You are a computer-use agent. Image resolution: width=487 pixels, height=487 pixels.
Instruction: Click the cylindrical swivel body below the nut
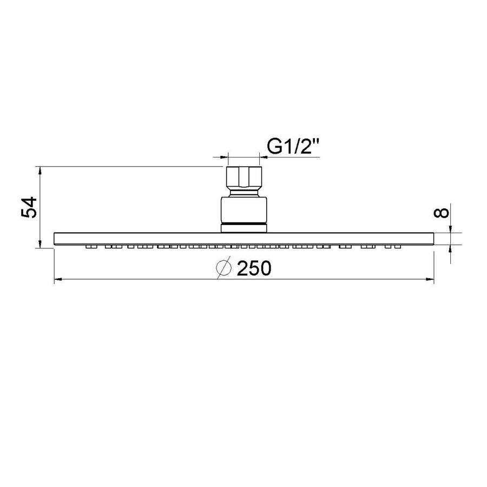click(x=243, y=210)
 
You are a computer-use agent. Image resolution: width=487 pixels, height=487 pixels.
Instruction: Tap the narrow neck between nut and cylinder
click(x=243, y=192)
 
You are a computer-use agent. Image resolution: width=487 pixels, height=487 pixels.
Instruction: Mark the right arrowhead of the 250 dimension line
click(x=430, y=280)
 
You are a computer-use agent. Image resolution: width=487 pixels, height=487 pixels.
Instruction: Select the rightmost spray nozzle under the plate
click(x=398, y=247)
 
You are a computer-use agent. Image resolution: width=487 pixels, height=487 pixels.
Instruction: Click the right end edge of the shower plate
click(x=435, y=239)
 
